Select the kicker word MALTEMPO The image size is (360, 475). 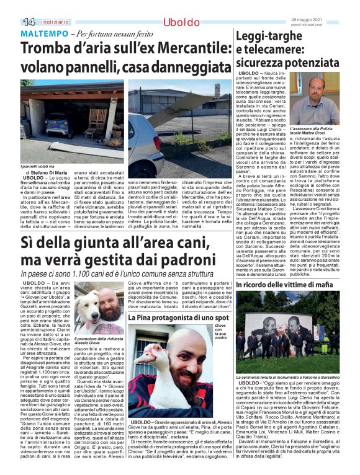point(43,32)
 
